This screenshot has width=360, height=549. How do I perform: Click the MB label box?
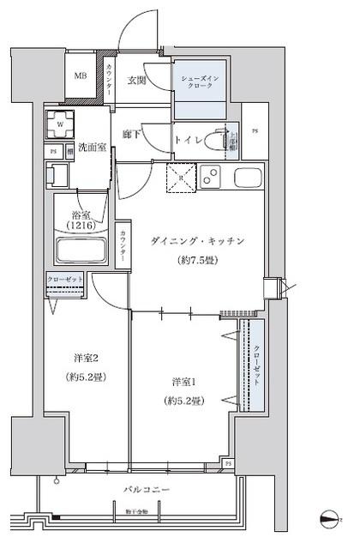point(79,75)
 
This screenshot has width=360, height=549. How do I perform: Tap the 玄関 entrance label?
point(138,81)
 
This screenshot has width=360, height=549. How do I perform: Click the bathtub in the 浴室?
point(81,253)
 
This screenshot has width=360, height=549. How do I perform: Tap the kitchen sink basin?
point(247,179)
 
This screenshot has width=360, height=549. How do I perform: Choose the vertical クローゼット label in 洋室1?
point(257,364)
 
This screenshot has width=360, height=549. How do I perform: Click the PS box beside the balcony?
point(228,463)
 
